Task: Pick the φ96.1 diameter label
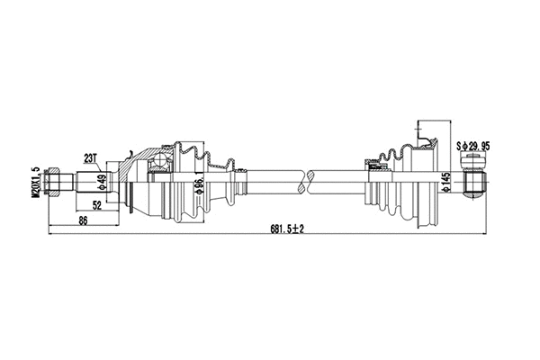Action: coord(196,186)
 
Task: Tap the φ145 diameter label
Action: coord(445,184)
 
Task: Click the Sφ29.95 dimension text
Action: coord(476,144)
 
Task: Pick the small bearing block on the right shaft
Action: coord(373,166)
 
